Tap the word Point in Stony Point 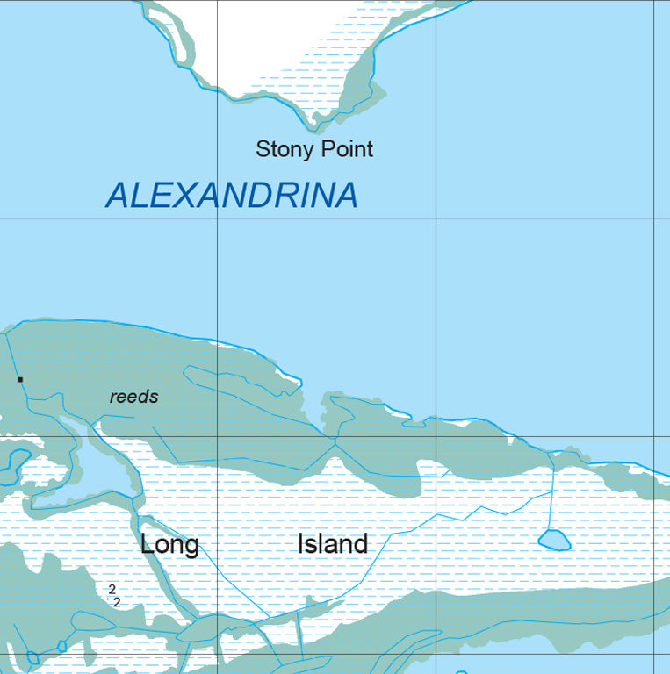[x=345, y=149]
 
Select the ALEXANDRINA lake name [x=232, y=195]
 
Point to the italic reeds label [x=134, y=397]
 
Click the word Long [x=169, y=545]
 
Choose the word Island [x=332, y=544]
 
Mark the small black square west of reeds [x=19, y=379]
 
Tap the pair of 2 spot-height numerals [x=114, y=595]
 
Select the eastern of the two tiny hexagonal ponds [x=61, y=647]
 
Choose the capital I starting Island [x=301, y=544]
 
